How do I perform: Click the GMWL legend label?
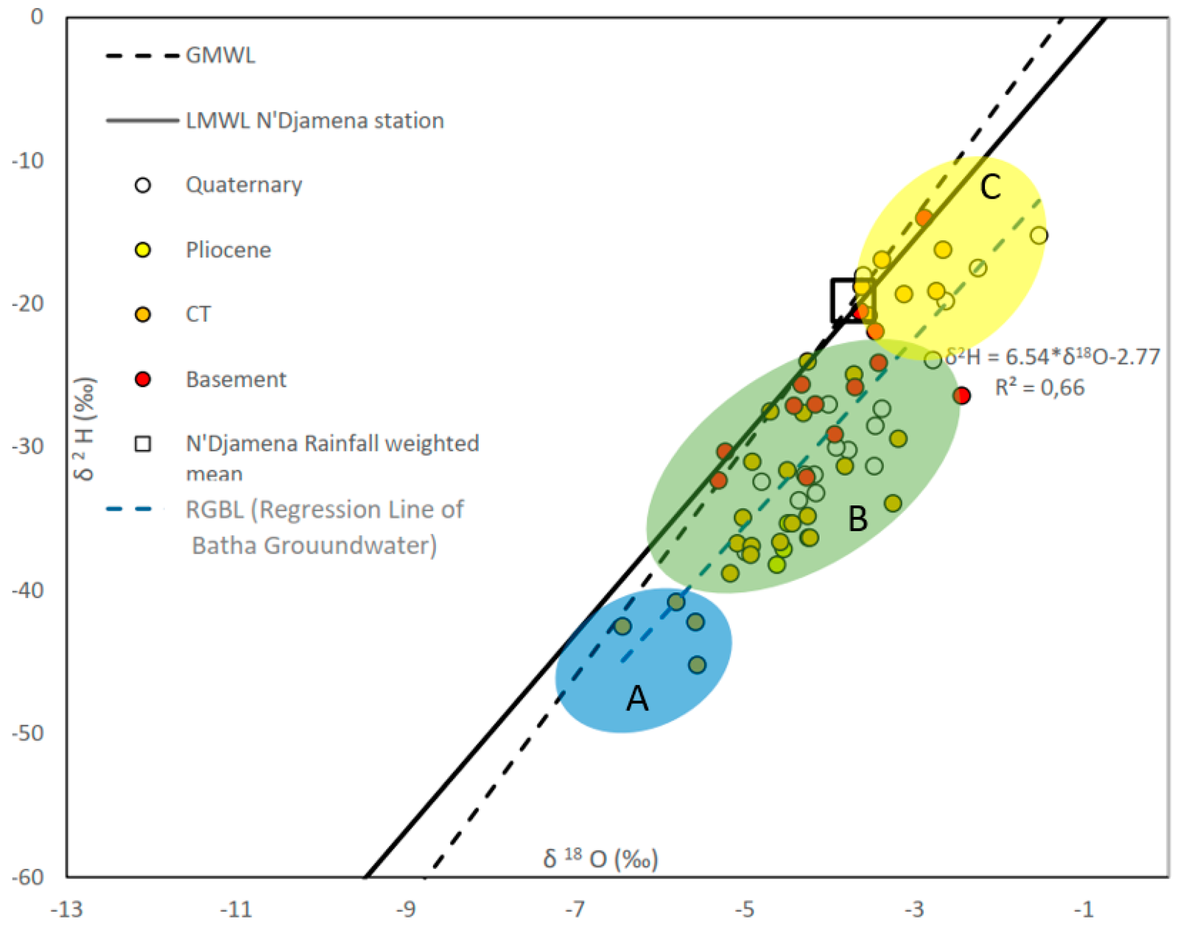tap(220, 56)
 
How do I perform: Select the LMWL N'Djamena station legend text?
tap(314, 121)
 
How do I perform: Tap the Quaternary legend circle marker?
tap(143, 185)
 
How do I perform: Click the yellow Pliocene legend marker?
tap(143, 250)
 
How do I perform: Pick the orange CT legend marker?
tap(143, 315)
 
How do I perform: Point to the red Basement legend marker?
tap(143, 379)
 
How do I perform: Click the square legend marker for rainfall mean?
tap(143, 444)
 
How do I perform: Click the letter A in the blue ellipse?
tap(637, 698)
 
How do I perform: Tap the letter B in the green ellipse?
tap(857, 519)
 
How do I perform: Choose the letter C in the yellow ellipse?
tap(990, 187)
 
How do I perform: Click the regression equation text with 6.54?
tap(1053, 357)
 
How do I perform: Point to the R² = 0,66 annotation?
tap(1039, 388)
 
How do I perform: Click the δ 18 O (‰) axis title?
tap(600, 859)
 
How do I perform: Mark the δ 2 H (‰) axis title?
tap(85, 428)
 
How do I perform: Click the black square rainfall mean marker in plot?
tap(852, 301)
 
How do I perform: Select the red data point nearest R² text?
tap(962, 396)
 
